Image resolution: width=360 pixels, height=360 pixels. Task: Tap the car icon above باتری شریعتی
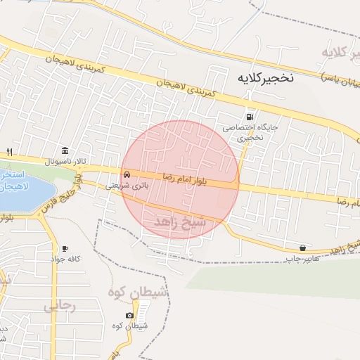point(127,175)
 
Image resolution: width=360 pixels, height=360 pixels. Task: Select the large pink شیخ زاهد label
point(180,221)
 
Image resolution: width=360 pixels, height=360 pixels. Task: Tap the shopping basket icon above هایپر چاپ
point(302,247)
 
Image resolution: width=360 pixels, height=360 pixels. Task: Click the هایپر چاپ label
point(298,259)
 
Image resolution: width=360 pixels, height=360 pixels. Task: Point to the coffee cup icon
point(65,249)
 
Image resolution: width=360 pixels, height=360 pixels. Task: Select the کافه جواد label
point(65,259)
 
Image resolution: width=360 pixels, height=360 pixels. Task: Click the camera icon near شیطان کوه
point(129,316)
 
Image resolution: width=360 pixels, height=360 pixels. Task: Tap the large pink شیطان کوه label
point(137,291)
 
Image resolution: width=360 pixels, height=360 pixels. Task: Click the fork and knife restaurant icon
point(9,152)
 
